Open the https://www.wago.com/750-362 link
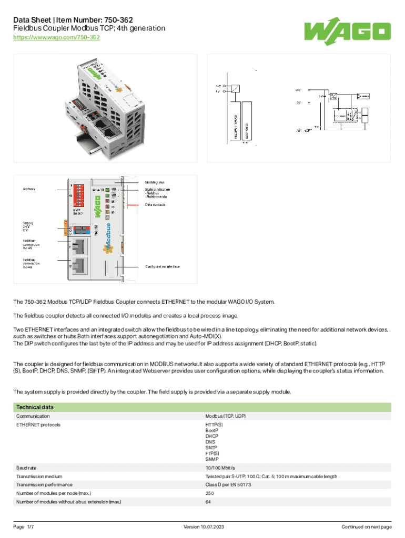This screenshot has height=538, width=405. click(x=56, y=38)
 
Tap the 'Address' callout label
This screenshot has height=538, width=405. click(x=29, y=189)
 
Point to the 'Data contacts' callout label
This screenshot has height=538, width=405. click(x=157, y=205)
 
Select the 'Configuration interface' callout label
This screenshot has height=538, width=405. click(x=162, y=266)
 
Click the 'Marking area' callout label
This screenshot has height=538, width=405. click(x=155, y=182)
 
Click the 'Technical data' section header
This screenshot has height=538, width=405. click(x=35, y=407)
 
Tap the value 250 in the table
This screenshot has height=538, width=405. click(x=210, y=493)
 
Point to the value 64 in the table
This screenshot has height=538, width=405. click(x=208, y=502)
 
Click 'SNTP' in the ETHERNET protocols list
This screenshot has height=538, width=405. click(x=211, y=448)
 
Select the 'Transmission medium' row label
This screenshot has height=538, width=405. click(x=39, y=476)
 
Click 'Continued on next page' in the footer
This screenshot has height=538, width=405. click(x=366, y=526)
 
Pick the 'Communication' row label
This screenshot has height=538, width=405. click(x=33, y=416)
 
